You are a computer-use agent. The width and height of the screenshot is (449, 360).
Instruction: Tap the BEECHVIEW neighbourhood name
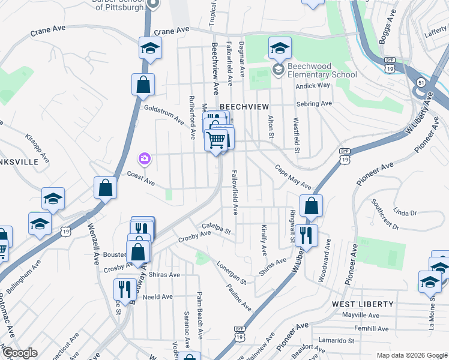[244, 106]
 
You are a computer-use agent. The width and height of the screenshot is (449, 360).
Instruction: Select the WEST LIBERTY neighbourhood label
[363, 305]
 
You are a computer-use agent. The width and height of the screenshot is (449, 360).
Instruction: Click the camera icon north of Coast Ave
[145, 159]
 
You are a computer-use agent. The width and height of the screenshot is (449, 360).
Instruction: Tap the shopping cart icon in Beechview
[216, 141]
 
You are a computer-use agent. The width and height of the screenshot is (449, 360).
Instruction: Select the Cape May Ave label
[294, 177]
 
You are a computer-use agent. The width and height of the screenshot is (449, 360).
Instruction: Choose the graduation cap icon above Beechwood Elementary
[280, 48]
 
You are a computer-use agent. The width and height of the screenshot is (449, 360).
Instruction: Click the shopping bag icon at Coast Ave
[106, 187]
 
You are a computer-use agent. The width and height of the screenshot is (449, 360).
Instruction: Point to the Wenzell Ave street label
[93, 244]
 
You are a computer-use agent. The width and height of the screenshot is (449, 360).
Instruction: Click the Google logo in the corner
[19, 353]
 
